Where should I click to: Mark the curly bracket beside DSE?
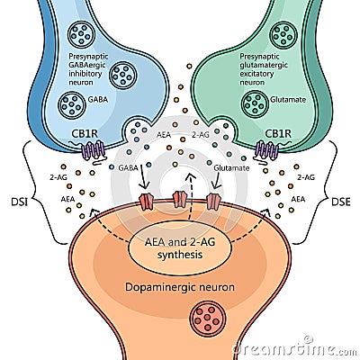click(322, 190)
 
